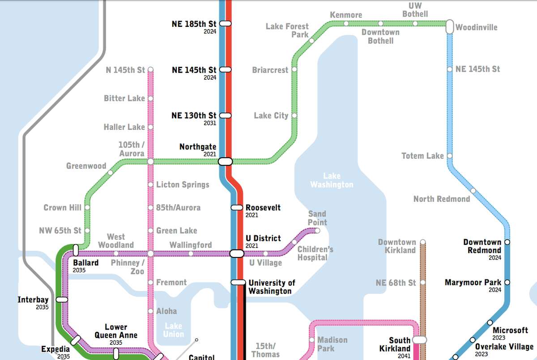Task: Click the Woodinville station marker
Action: tap(450, 26)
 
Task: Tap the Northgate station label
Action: tap(198, 147)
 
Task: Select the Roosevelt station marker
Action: tap(237, 207)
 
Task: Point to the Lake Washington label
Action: tap(332, 180)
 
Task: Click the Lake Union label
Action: tap(173, 330)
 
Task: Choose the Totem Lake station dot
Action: tap(450, 156)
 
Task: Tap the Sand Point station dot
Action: tap(317, 231)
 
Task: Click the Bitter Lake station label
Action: tap(124, 98)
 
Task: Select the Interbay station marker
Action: tap(62, 299)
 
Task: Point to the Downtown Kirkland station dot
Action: tap(422, 242)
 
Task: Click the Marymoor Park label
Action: tap(473, 283)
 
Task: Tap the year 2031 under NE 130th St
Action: tap(210, 123)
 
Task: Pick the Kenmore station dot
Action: tap(346, 23)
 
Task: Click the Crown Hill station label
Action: tap(62, 207)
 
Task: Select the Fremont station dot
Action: tap(150, 283)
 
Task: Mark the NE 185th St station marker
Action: tap(225, 23)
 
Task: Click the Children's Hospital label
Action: tap(315, 253)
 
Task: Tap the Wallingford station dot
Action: tap(191, 253)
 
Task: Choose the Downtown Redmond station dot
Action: tap(507, 242)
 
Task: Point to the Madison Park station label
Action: tap(332, 344)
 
